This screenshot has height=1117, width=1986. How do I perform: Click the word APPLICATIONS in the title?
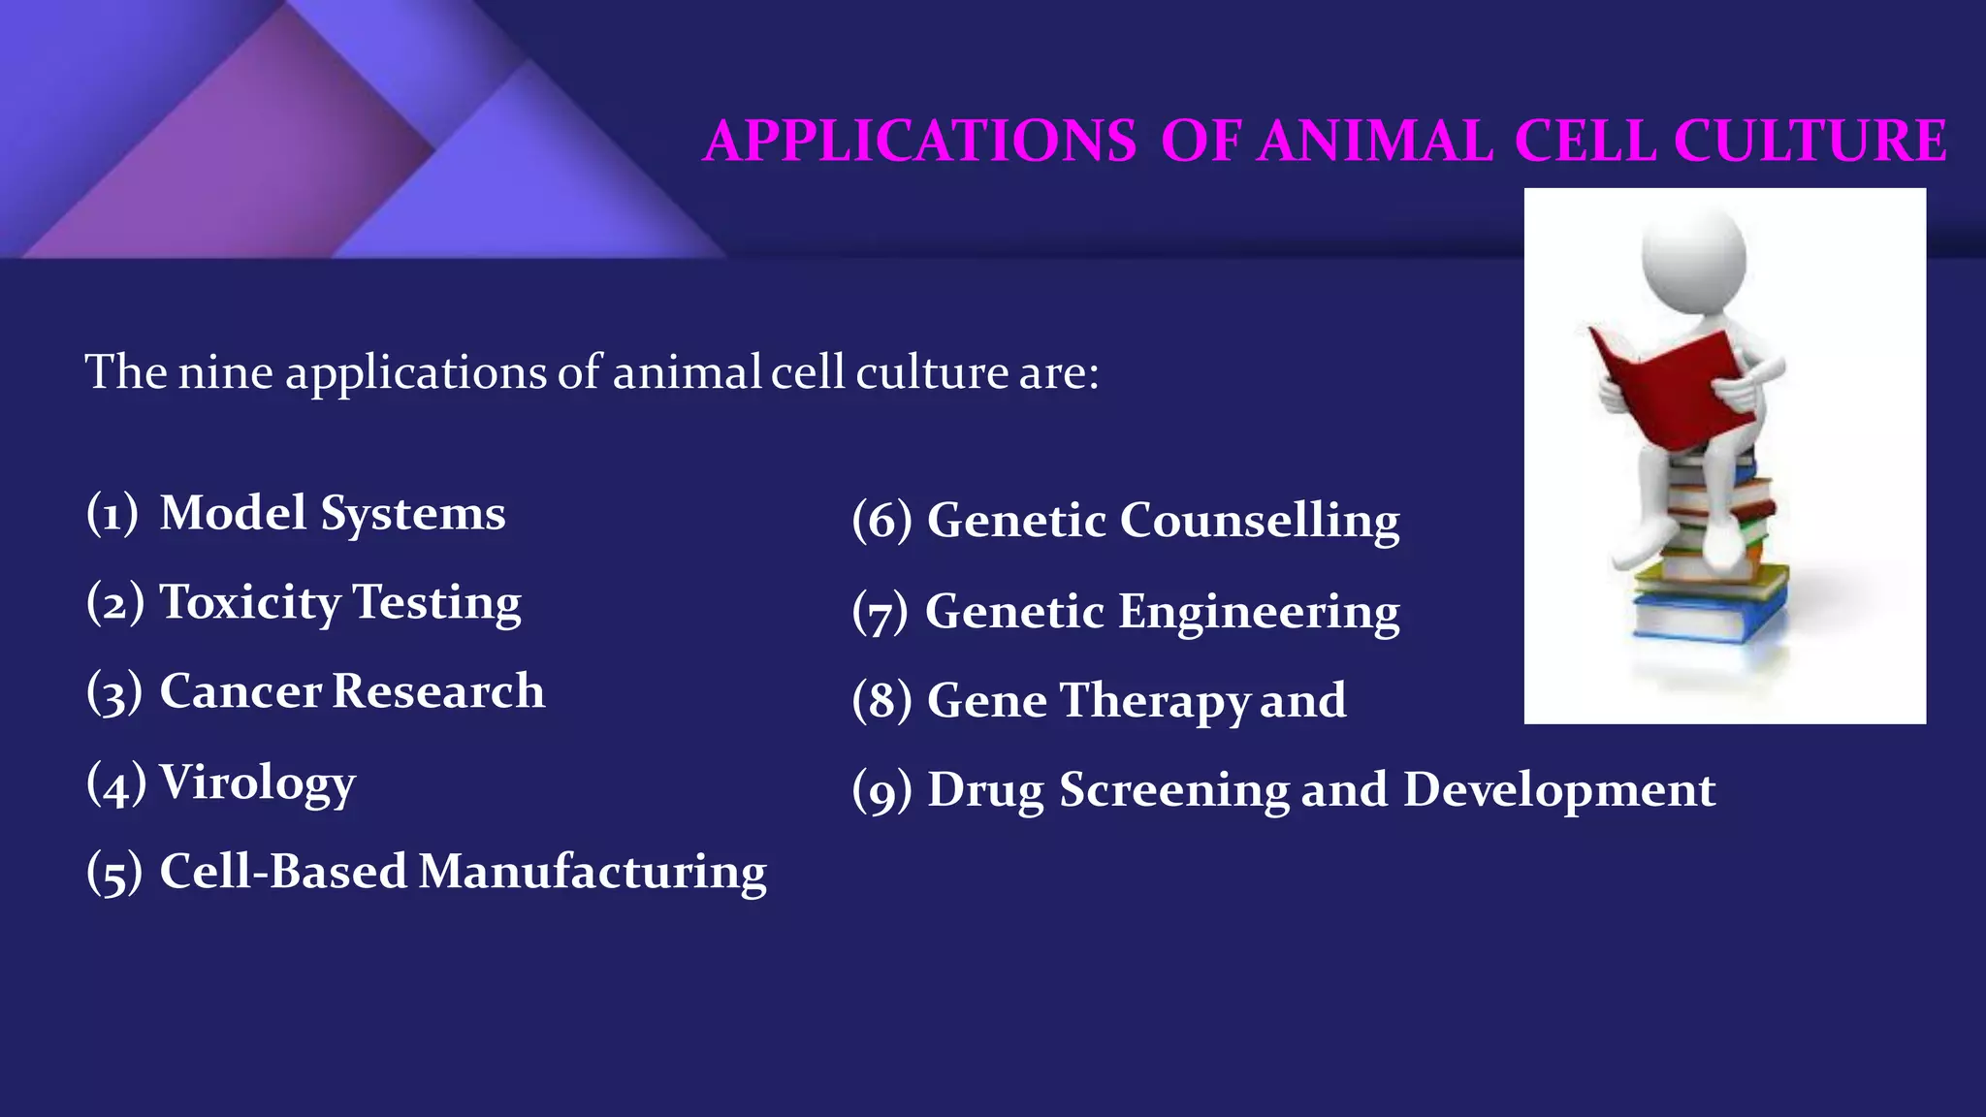(x=919, y=142)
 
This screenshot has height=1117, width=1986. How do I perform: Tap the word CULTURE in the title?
(x=1810, y=142)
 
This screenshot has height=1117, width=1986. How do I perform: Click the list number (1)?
(x=112, y=513)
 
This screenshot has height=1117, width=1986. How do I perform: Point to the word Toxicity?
(x=249, y=603)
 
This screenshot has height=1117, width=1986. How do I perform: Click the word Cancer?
(x=240, y=692)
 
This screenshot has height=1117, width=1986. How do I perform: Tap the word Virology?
(x=257, y=783)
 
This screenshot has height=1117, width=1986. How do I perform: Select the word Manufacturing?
(x=593, y=872)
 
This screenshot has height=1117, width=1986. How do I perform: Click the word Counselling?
(x=1259, y=522)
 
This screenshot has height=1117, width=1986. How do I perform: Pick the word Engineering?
(x=1259, y=613)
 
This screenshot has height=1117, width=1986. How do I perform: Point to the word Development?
(x=1558, y=790)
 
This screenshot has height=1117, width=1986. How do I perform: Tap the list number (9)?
(x=881, y=791)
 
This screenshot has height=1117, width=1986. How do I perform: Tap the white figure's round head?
(x=1693, y=257)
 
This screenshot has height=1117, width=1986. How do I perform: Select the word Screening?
(x=1174, y=790)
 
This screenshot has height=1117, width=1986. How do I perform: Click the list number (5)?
(x=114, y=872)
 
